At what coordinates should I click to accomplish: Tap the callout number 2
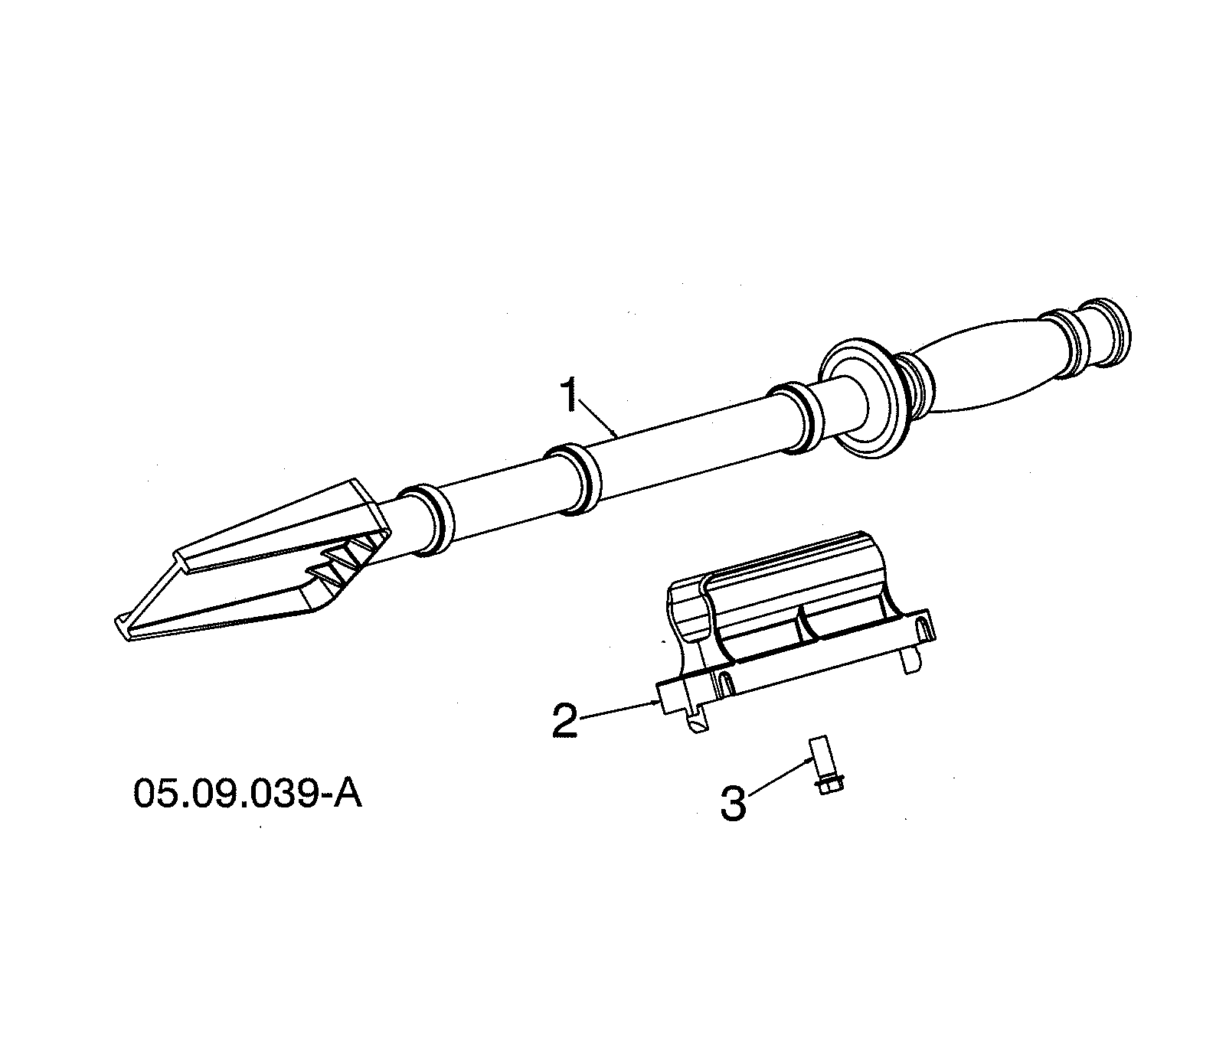pyautogui.click(x=566, y=720)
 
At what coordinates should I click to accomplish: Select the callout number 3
pyautogui.click(x=733, y=804)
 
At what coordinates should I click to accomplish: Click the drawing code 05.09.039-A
pyautogui.click(x=247, y=794)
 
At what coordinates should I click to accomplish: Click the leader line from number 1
pyautogui.click(x=601, y=422)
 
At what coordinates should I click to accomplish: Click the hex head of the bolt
pyautogui.click(x=830, y=785)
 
